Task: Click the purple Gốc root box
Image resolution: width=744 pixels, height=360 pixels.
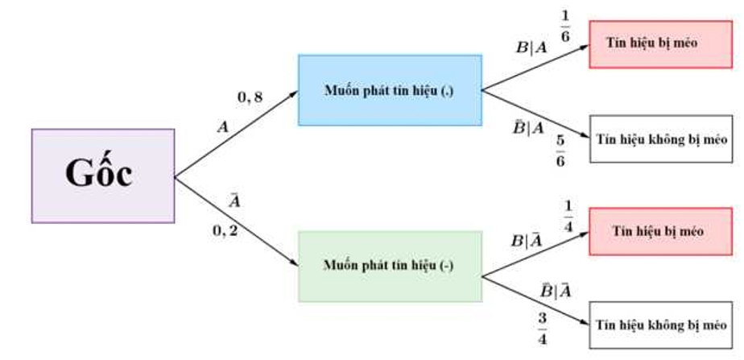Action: (x=103, y=176)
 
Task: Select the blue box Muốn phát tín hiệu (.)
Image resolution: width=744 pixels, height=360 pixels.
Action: (x=390, y=90)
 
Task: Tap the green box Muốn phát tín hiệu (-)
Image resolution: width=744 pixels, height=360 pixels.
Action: (x=390, y=266)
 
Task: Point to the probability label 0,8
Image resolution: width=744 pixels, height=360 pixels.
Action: (x=250, y=97)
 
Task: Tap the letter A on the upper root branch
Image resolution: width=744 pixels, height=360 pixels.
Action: (x=223, y=126)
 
